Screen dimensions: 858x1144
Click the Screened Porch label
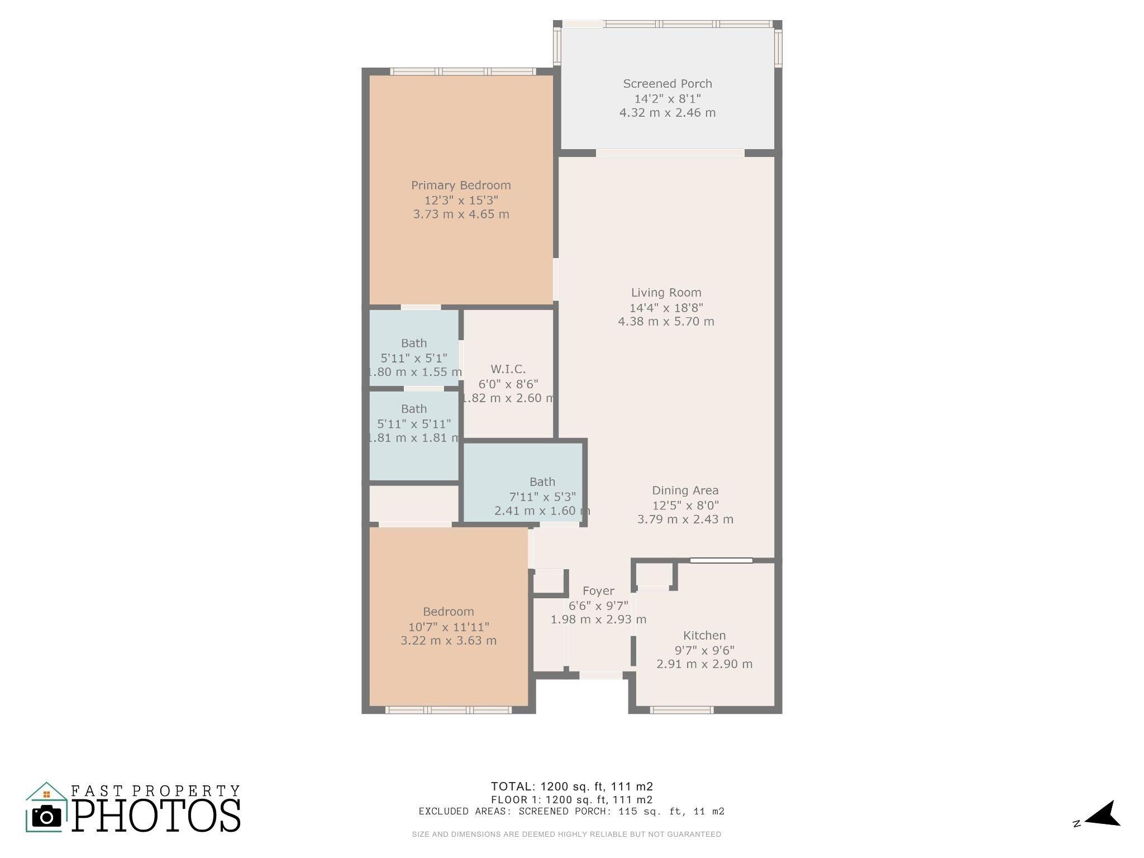coord(667,84)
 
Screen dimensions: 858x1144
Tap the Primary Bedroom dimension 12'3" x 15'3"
coord(461,200)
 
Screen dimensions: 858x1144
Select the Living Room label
coord(666,292)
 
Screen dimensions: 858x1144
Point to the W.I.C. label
coord(508,369)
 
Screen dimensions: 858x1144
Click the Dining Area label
coord(685,490)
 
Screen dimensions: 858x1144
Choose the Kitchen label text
coord(704,636)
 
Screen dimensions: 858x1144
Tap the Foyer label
coord(598,591)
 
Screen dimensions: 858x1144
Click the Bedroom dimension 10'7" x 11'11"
coord(449,627)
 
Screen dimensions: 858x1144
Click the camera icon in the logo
coord(46,817)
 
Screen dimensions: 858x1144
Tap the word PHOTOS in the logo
coord(156,816)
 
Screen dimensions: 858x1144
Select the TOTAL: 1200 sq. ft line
coord(571,786)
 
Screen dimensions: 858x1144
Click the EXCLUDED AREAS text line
coord(571,812)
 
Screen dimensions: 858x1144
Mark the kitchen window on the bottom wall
coord(681,710)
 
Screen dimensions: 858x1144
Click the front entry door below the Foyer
coord(600,675)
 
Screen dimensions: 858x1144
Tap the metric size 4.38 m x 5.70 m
coord(666,322)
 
